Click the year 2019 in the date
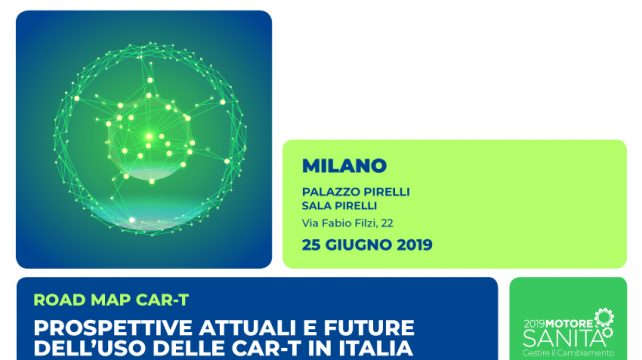click(x=413, y=244)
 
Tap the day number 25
click(x=311, y=244)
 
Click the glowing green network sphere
click(x=144, y=136)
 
